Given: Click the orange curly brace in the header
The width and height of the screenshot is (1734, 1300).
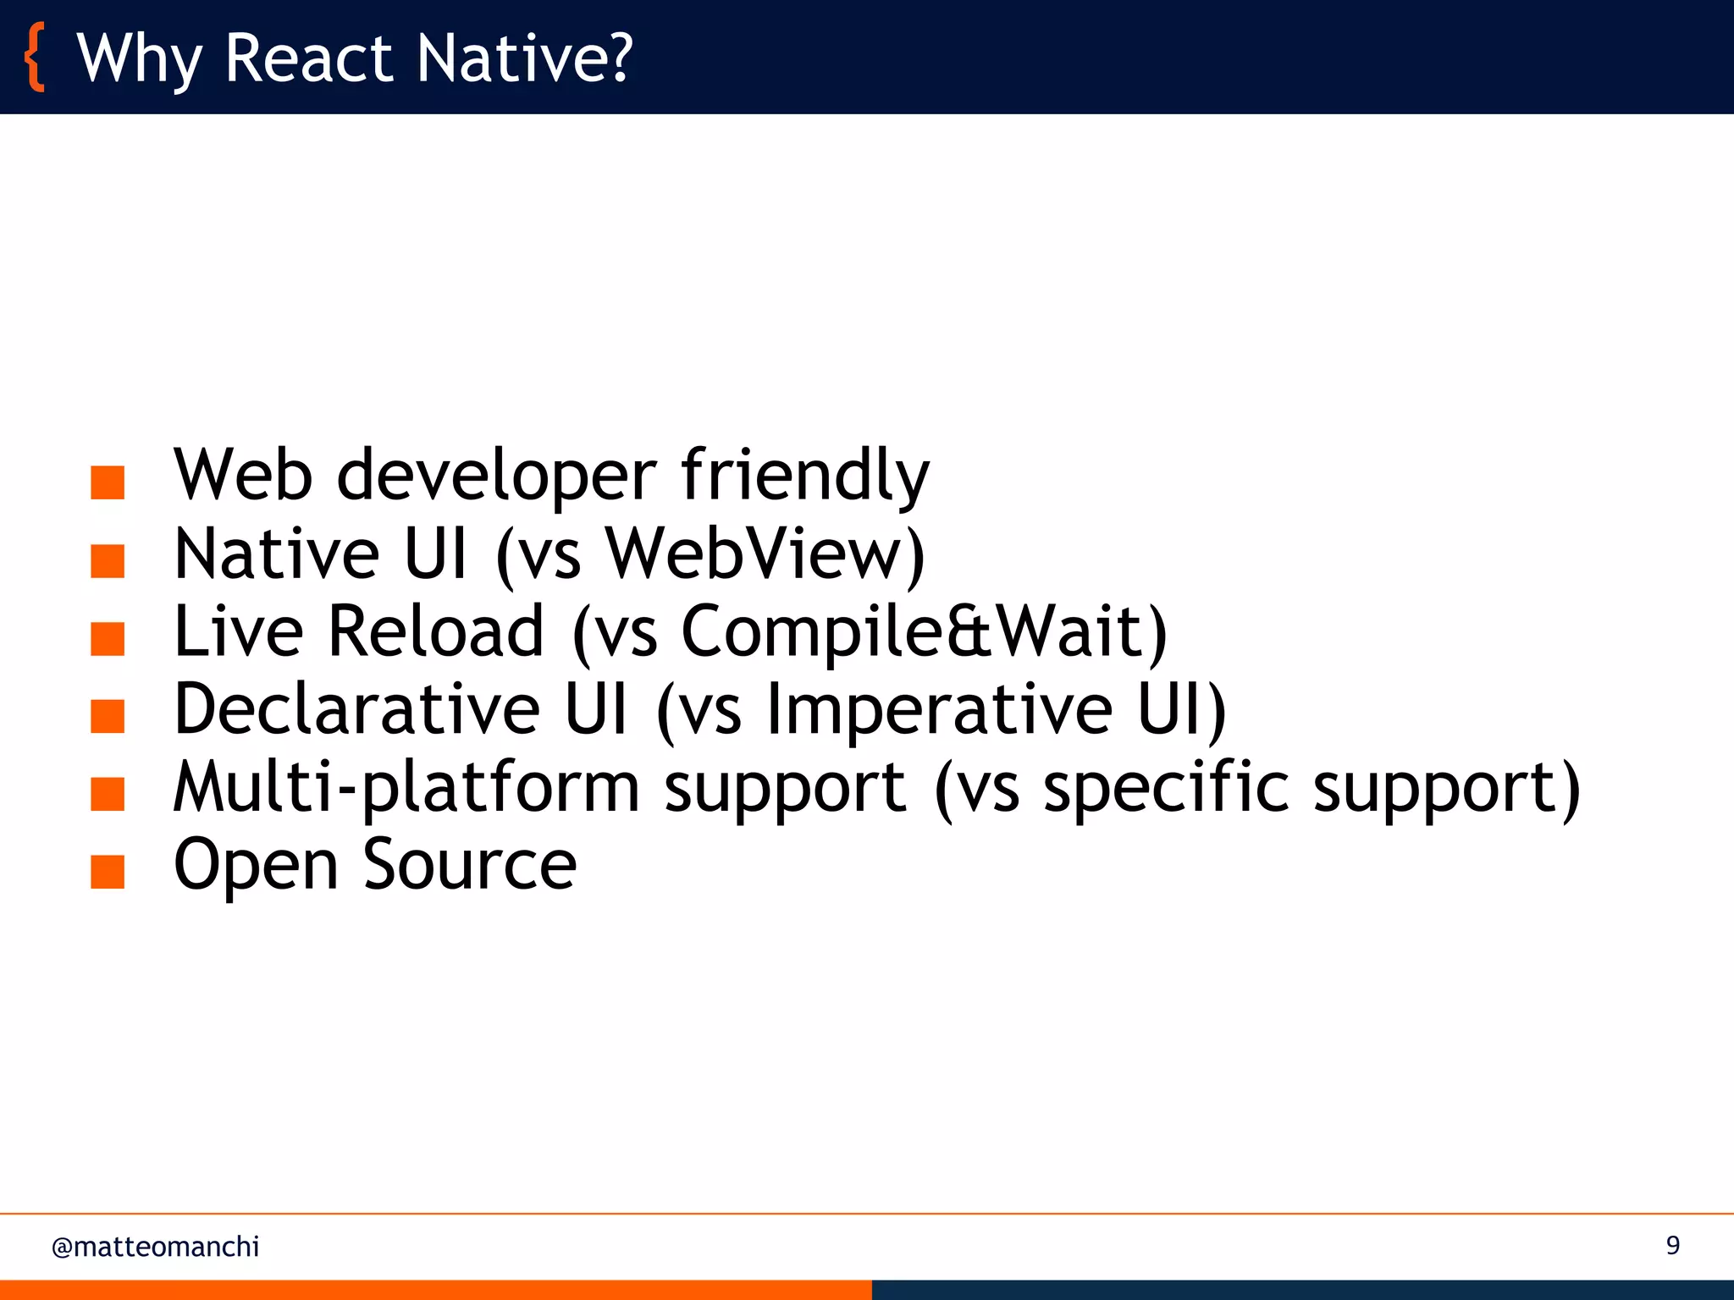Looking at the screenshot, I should click(x=35, y=58).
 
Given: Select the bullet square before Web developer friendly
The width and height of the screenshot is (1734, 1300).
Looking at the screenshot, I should click(x=108, y=482).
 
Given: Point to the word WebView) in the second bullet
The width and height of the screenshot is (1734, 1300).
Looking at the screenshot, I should click(x=765, y=554).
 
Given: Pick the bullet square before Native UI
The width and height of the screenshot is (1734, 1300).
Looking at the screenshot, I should click(x=108, y=560).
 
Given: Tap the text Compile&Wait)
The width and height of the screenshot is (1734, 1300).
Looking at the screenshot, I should click(x=924, y=633).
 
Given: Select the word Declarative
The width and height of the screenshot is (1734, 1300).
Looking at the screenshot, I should click(x=356, y=709).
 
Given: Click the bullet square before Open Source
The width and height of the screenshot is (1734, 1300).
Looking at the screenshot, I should click(x=108, y=872).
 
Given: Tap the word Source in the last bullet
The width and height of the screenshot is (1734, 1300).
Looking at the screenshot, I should click(x=470, y=865).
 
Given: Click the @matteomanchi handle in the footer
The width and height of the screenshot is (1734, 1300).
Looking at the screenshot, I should click(x=155, y=1247).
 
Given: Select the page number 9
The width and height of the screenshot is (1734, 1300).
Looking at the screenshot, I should click(x=1672, y=1245).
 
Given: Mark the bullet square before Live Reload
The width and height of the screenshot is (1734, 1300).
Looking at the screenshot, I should click(x=108, y=638).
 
